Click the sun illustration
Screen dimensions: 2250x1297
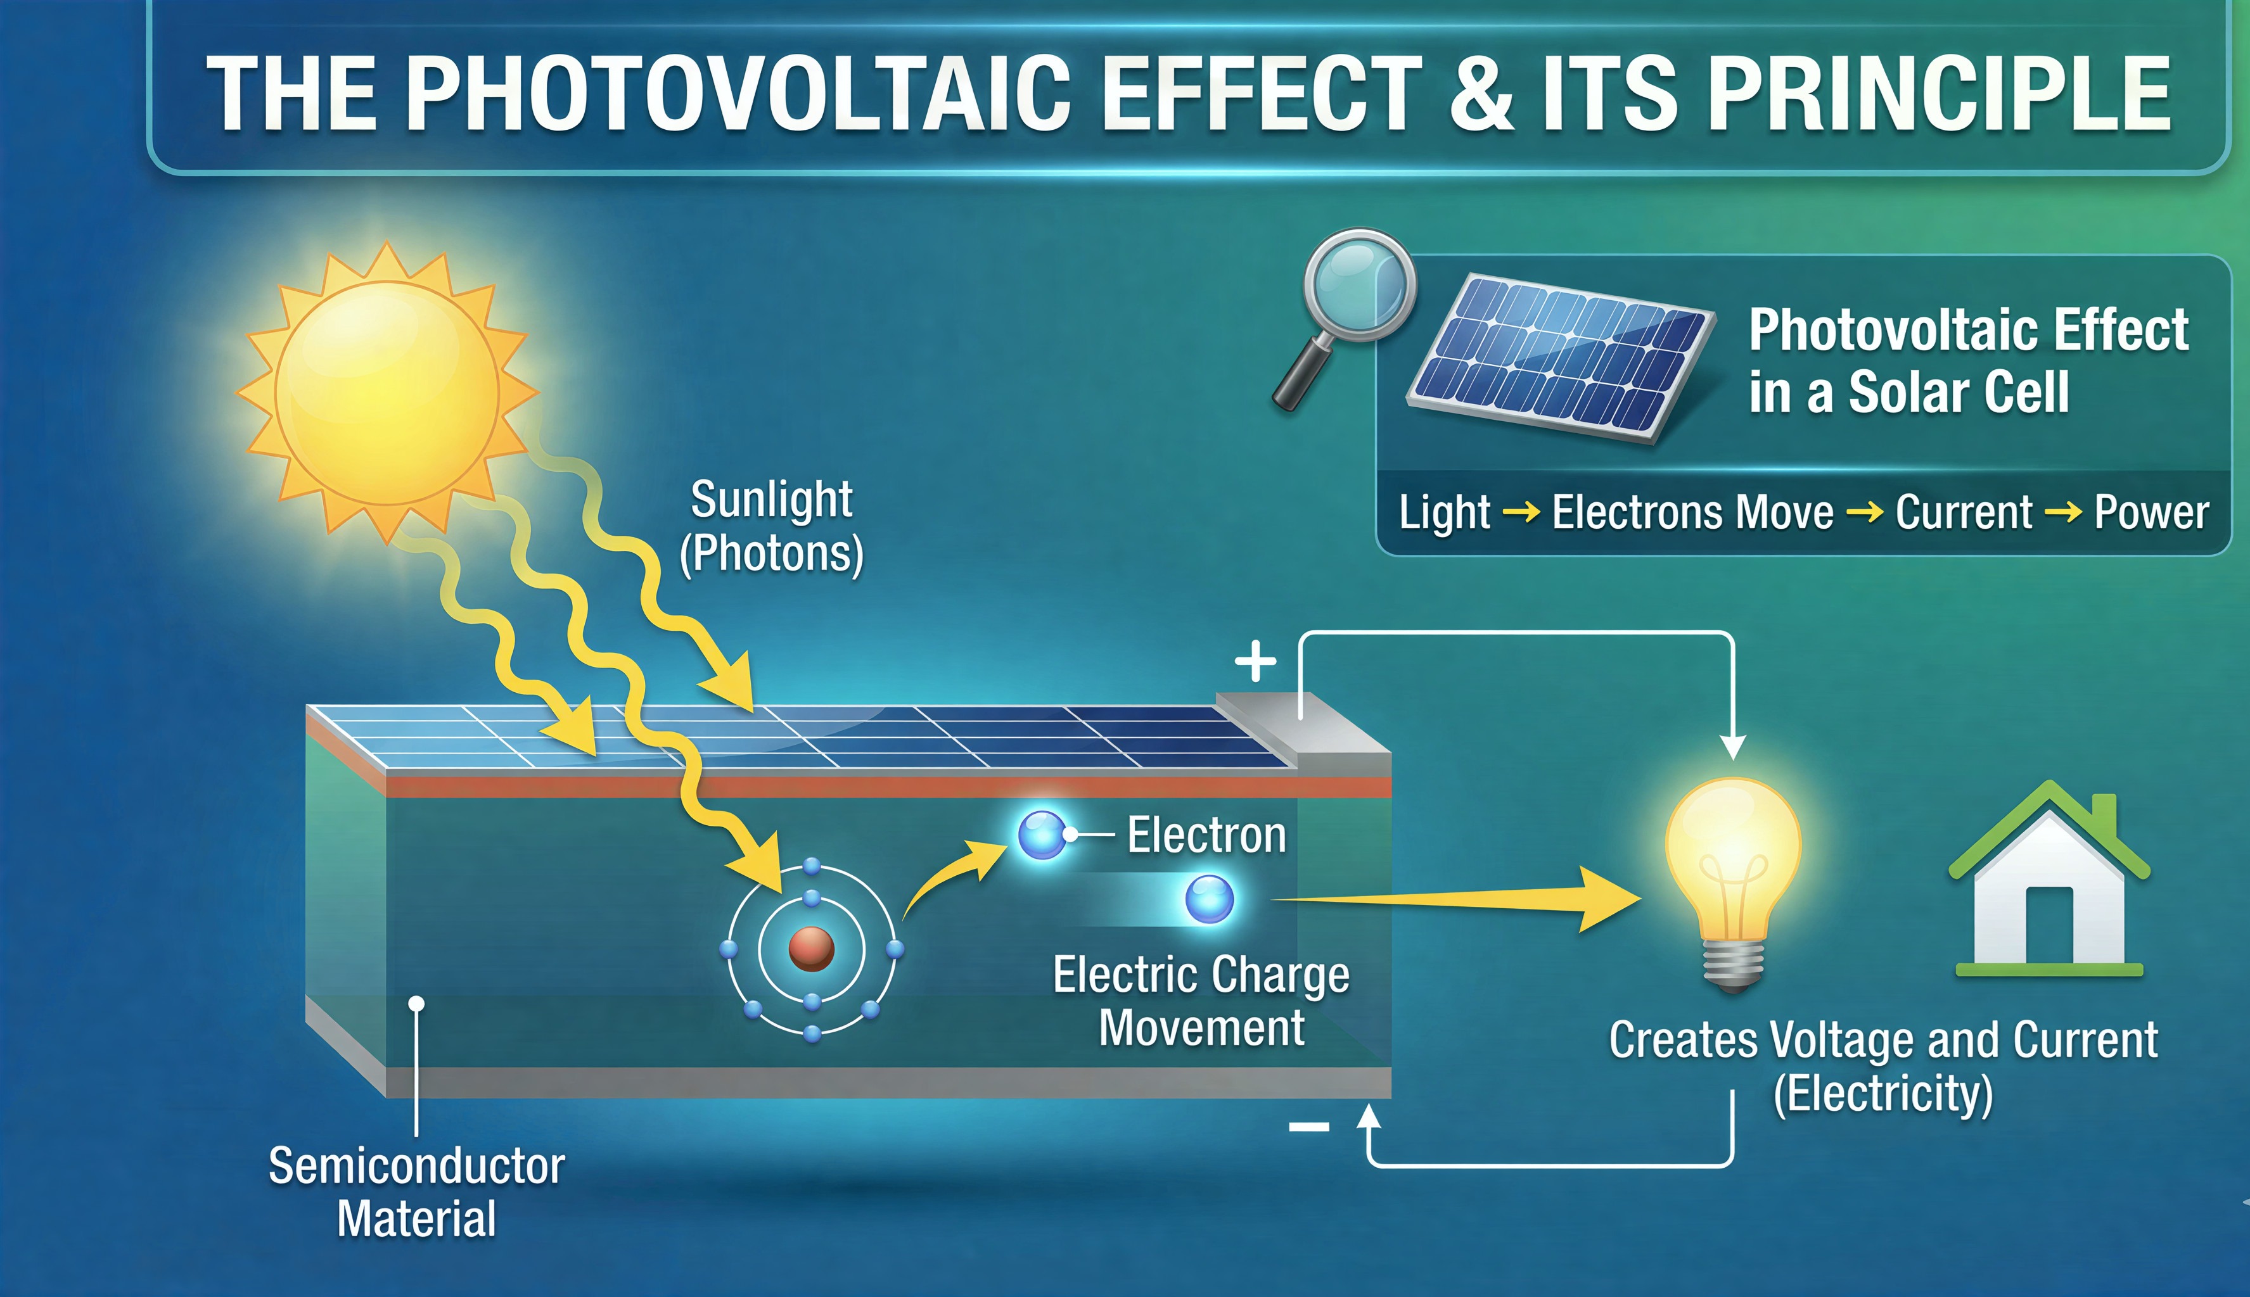pyautogui.click(x=387, y=392)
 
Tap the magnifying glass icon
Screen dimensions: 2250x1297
pyautogui.click(x=1346, y=316)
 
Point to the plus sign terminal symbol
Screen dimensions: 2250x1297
pyautogui.click(x=1256, y=661)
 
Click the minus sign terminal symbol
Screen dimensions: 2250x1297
pyautogui.click(x=1309, y=1128)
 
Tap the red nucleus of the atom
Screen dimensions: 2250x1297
pyautogui.click(x=811, y=949)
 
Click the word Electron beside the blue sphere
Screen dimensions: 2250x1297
pyautogui.click(x=1206, y=835)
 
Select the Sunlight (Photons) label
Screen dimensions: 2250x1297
pyautogui.click(x=772, y=528)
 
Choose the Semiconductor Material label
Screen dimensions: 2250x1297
pyautogui.click(x=417, y=1192)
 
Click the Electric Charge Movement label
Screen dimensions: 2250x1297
pyautogui.click(x=1201, y=1001)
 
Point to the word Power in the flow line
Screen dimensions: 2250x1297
pyautogui.click(x=2151, y=512)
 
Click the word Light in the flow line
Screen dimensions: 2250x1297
pyautogui.click(x=1445, y=513)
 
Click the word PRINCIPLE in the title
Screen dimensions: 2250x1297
pyautogui.click(x=1939, y=92)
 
